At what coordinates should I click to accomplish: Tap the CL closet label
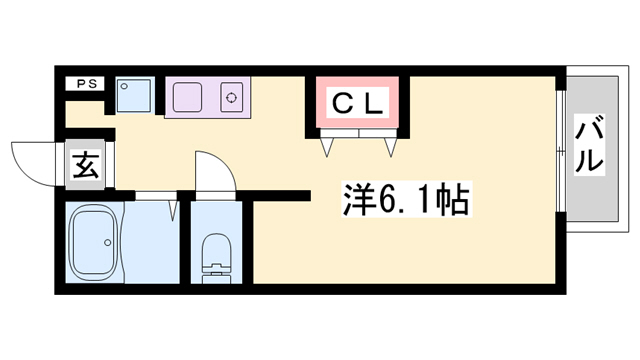click(357, 102)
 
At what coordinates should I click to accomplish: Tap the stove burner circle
click(232, 98)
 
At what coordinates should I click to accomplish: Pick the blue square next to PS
click(133, 97)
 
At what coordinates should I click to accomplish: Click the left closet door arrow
click(327, 146)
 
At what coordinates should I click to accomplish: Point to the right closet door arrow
click(390, 146)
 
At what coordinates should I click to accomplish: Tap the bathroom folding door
click(172, 208)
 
